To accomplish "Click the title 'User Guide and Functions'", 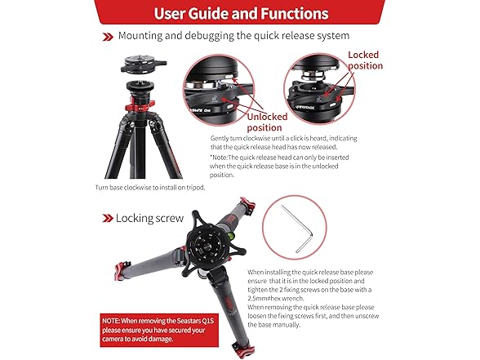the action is [242, 13].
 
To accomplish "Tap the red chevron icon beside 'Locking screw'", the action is [108, 218].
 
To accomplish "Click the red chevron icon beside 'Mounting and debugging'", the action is [108, 37].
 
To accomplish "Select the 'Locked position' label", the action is [365, 60].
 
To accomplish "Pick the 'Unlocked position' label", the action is [267, 122].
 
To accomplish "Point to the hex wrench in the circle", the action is [297, 229].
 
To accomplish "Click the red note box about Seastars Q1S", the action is [159, 330].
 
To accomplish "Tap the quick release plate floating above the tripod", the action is [144, 64].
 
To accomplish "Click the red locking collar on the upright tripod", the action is [140, 104].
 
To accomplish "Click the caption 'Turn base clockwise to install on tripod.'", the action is [150, 188].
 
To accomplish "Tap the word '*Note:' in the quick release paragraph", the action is [219, 158].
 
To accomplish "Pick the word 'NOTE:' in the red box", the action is [111, 321].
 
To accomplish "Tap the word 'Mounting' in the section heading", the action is [140, 36].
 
